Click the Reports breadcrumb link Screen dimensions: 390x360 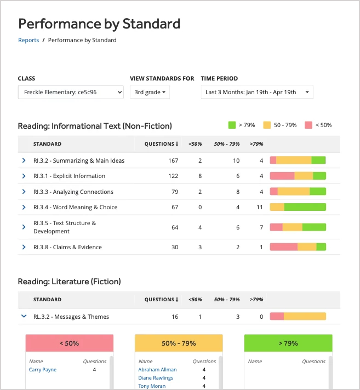coord(28,40)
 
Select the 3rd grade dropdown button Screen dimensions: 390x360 coord(150,92)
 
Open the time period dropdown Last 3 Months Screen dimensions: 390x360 coord(257,92)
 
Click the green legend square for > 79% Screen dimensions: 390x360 coord(232,125)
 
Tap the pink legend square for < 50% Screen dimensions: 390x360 coord(308,125)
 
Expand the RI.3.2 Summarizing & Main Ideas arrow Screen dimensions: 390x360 coord(24,160)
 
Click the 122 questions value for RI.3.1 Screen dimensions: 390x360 coord(173,176)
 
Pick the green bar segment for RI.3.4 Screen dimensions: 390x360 coord(305,207)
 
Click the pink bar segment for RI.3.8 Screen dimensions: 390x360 coord(284,247)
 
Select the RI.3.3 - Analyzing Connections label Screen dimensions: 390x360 coord(73,192)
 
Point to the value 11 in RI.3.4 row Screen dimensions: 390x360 coord(260,207)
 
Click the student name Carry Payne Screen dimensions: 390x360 coord(43,370)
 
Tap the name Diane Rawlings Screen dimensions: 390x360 coord(156,378)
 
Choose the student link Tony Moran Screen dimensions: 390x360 coord(152,386)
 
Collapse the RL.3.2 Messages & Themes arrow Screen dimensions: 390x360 coord(24,316)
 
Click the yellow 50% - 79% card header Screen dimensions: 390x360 coord(179,343)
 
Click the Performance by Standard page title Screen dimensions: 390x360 coord(99,24)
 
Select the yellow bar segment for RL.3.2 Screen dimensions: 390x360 coord(305,317)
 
